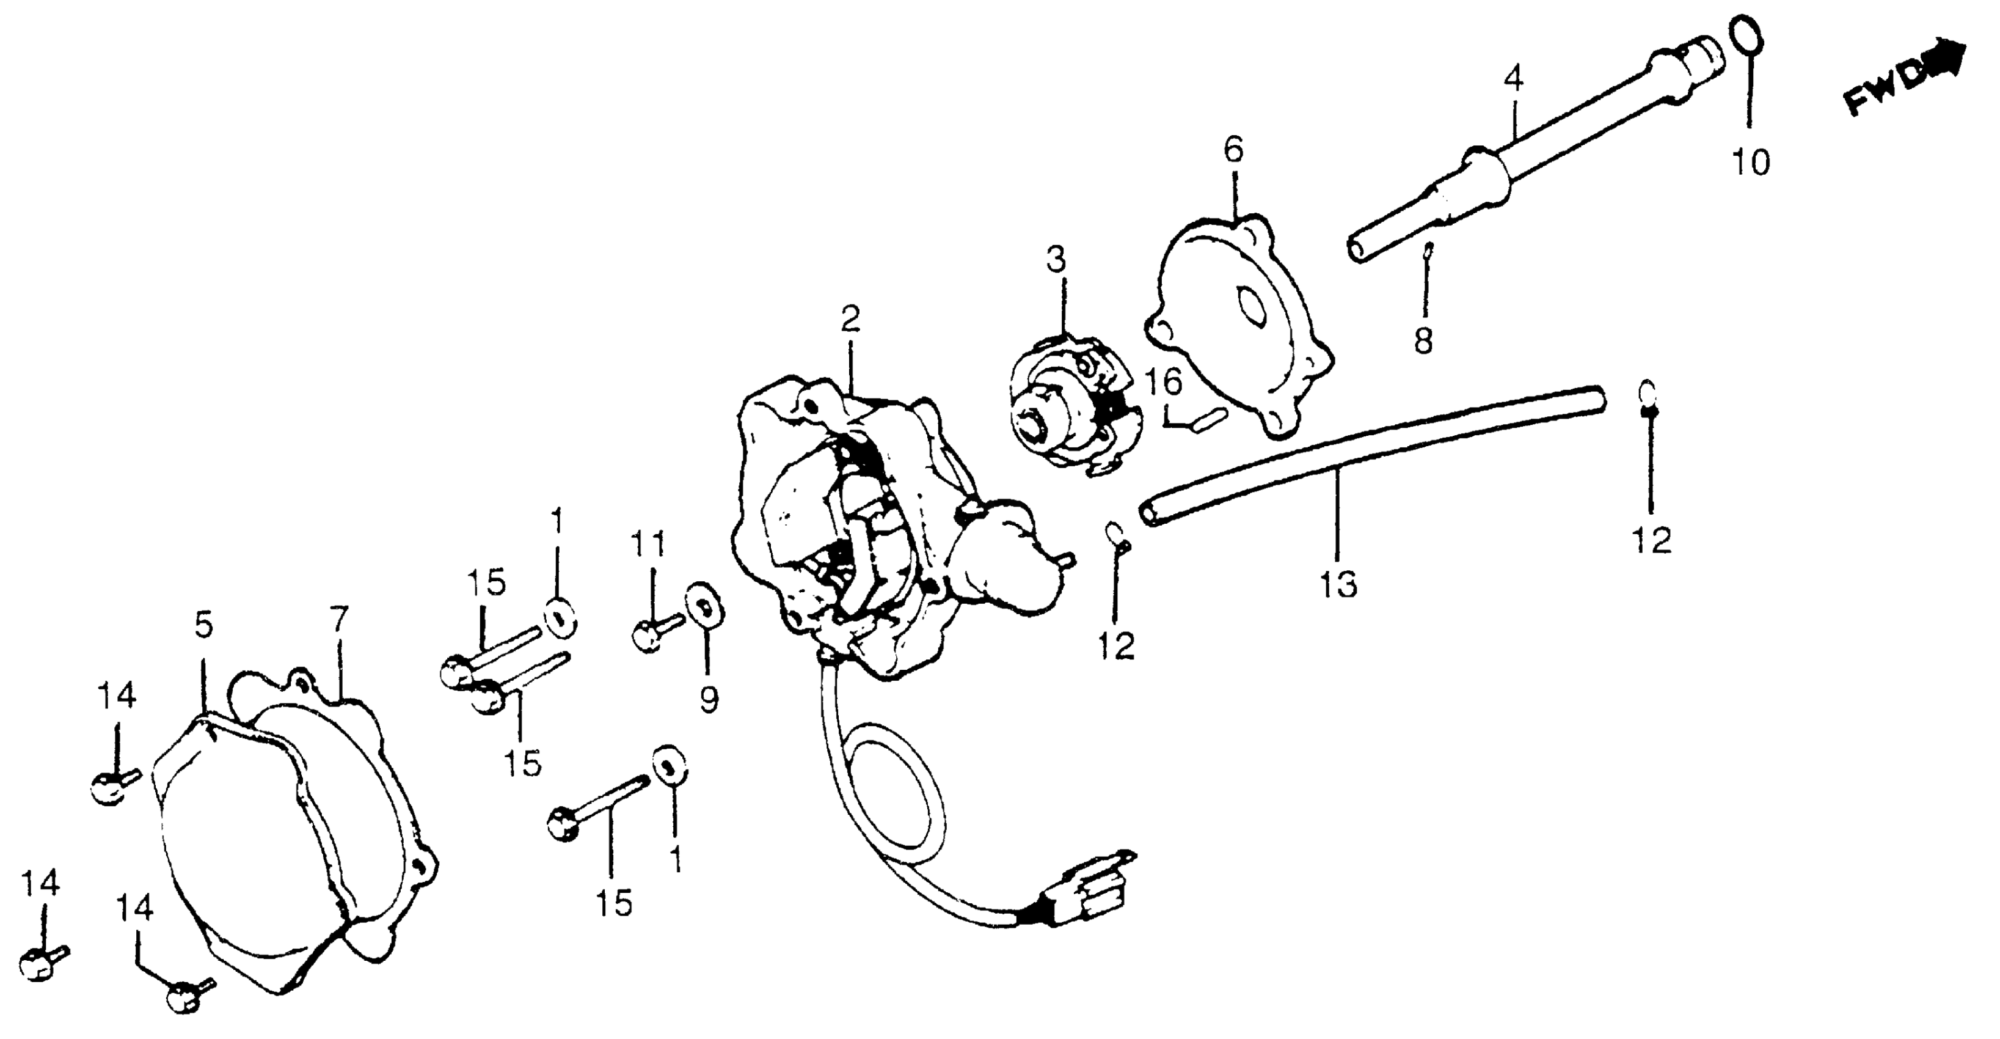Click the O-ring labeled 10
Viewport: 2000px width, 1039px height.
pyautogui.click(x=1748, y=37)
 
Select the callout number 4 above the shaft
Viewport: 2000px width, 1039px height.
pyautogui.click(x=1513, y=78)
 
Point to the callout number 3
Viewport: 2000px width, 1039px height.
pyautogui.click(x=1057, y=259)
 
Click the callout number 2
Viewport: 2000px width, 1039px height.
pyautogui.click(x=850, y=318)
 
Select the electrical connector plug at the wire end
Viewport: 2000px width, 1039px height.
pyautogui.click(x=1087, y=889)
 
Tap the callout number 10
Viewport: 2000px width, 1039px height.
pyautogui.click(x=1751, y=163)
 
